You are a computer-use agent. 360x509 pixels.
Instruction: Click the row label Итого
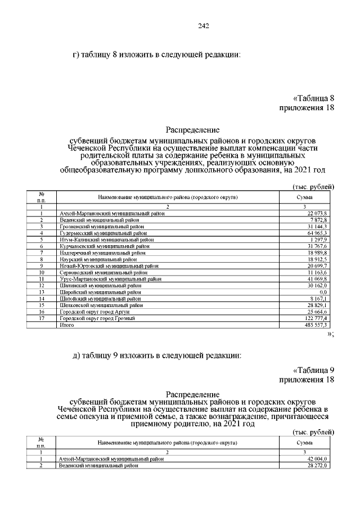click(x=67, y=325)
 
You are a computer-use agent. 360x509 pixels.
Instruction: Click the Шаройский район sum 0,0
click(x=323, y=292)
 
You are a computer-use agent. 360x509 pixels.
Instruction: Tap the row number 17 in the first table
click(x=41, y=319)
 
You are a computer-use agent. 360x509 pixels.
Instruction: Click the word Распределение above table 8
click(x=193, y=129)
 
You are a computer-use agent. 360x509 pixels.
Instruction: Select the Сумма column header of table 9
click(x=305, y=443)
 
